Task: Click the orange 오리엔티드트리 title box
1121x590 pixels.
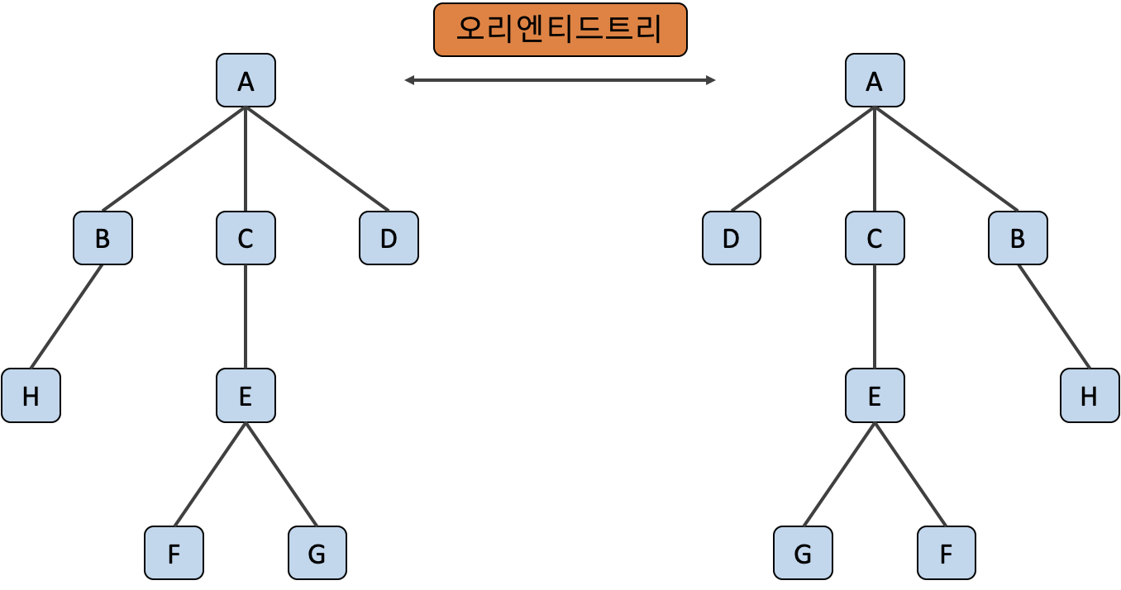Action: (560, 30)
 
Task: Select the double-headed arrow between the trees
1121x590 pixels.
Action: (560, 80)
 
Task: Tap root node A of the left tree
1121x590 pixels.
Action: (246, 80)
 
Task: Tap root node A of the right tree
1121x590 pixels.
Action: (875, 80)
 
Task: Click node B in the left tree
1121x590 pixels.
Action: (103, 238)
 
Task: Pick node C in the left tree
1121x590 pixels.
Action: (246, 238)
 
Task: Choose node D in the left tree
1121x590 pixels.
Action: (389, 238)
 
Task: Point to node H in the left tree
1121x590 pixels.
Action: (31, 396)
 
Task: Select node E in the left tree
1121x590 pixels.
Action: (246, 396)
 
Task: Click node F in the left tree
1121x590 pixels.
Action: (174, 553)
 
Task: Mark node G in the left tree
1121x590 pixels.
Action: (317, 553)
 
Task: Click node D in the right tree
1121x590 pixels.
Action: (731, 238)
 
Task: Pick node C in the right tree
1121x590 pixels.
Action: (875, 238)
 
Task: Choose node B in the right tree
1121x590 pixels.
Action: (1018, 238)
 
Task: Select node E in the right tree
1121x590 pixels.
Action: (875, 396)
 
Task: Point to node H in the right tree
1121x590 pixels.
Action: (1089, 396)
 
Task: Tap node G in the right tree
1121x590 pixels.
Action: (803, 553)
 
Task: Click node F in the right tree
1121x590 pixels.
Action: (946, 553)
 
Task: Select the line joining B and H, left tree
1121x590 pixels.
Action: (66, 317)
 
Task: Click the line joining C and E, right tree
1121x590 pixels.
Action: (875, 317)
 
